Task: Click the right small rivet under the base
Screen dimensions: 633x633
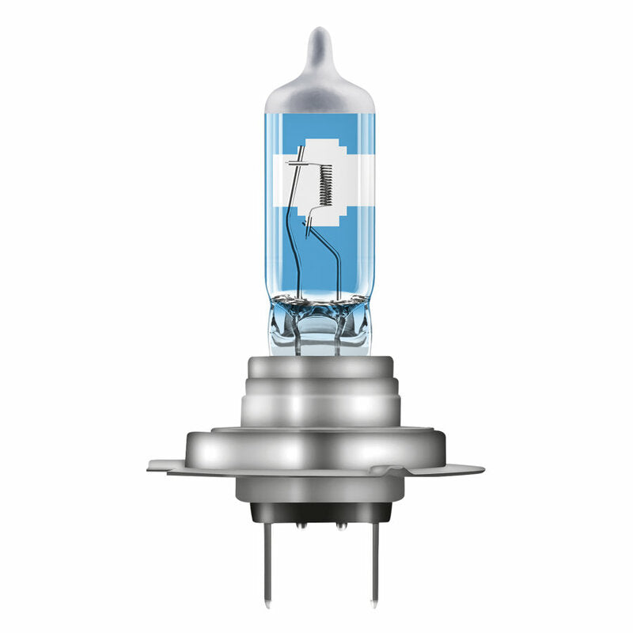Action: click(339, 523)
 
